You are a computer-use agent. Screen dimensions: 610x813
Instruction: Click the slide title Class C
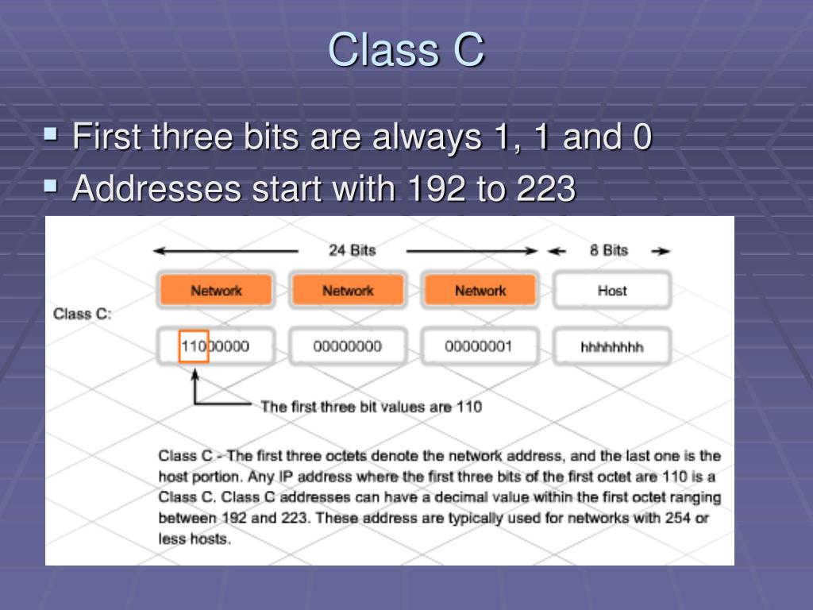[x=406, y=49]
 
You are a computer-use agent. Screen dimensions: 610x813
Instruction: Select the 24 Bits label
[x=352, y=250]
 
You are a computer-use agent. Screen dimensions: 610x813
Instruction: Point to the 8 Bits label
[x=609, y=250]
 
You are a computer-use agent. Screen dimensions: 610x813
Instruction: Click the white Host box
[x=611, y=291]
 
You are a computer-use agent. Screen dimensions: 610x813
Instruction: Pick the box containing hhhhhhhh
[x=611, y=347]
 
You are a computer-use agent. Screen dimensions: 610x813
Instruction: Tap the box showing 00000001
[x=480, y=347]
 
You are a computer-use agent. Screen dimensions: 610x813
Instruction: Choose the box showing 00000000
[x=348, y=347]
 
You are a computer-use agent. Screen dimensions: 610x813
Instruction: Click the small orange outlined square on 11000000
[x=194, y=347]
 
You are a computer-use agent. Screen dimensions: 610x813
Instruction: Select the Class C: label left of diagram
[x=83, y=314]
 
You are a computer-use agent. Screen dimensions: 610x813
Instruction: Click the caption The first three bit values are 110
[x=371, y=407]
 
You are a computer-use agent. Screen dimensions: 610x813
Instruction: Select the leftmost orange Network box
[x=216, y=291]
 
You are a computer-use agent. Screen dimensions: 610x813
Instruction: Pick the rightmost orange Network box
[x=480, y=291]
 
